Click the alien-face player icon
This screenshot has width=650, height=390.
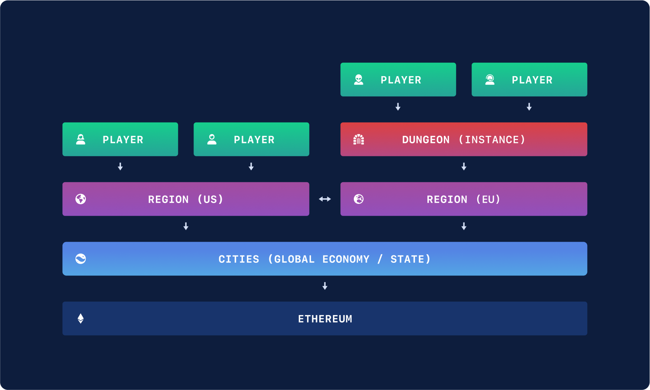point(359,80)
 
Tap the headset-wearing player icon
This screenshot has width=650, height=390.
point(490,80)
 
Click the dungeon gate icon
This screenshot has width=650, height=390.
point(359,139)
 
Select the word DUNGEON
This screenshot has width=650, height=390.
point(426,140)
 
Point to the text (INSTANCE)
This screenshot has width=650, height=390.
point(492,140)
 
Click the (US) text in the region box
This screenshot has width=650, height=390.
point(210,200)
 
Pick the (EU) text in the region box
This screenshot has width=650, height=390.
point(488,200)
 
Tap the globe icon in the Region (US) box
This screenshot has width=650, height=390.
point(81,199)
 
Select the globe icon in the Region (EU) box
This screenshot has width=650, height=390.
point(359,199)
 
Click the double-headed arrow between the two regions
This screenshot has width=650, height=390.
point(325,199)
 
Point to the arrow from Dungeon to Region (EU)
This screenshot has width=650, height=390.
point(464,167)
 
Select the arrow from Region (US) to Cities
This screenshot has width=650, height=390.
point(186,226)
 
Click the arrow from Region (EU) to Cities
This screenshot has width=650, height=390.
point(464,226)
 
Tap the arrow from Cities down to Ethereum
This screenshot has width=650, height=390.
point(325,286)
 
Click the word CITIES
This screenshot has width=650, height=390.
point(239,259)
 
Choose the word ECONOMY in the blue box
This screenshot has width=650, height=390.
point(346,259)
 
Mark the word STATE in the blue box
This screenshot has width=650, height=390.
point(407,259)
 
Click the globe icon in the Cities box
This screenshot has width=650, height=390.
point(81,259)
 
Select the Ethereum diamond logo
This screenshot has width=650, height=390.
point(81,319)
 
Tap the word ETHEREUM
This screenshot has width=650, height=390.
point(325,319)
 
